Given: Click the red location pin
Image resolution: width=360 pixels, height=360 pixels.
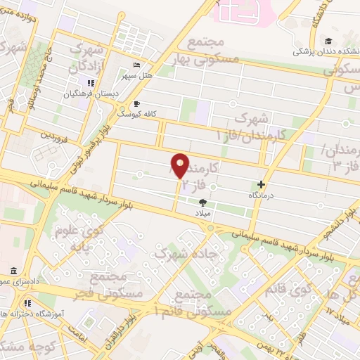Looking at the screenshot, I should [180, 165].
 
